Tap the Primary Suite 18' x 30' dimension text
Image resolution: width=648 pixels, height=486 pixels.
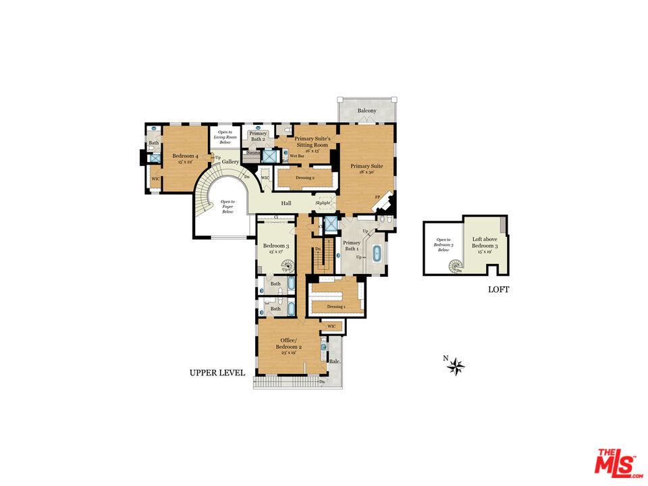(x=367, y=172)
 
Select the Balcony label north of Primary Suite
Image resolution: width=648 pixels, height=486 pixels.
(x=367, y=111)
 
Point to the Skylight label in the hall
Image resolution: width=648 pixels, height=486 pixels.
(x=323, y=202)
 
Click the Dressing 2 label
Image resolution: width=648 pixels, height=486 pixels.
(x=305, y=178)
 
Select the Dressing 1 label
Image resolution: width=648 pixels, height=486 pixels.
(x=335, y=307)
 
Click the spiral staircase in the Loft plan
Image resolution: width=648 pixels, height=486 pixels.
(x=454, y=267)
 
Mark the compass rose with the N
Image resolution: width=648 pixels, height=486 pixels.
(x=456, y=367)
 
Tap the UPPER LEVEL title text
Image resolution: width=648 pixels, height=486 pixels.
(x=217, y=373)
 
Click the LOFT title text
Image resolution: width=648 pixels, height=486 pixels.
(x=498, y=290)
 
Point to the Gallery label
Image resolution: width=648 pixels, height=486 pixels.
(x=231, y=162)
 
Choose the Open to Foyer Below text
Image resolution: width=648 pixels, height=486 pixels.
(x=227, y=207)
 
